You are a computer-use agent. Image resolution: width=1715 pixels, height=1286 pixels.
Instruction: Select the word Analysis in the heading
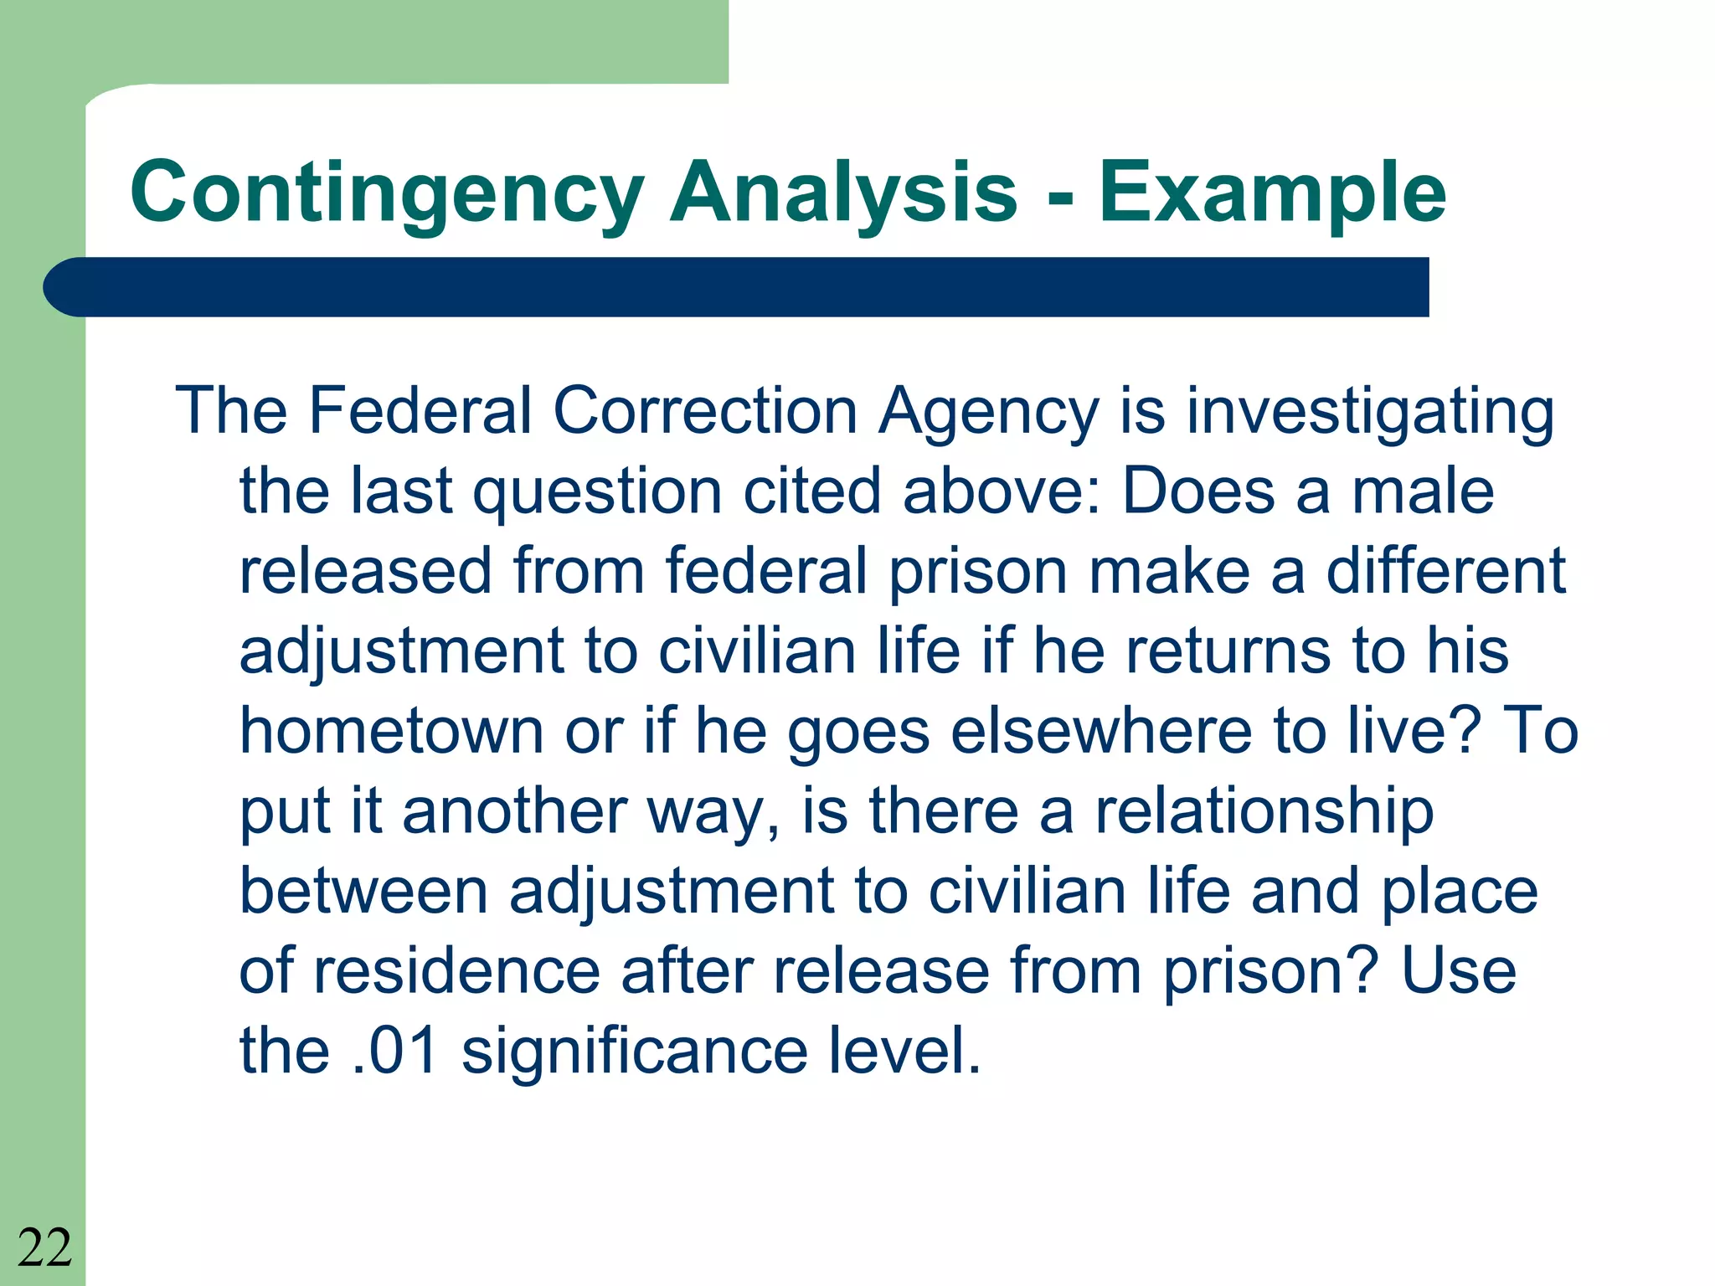pyautogui.click(x=843, y=194)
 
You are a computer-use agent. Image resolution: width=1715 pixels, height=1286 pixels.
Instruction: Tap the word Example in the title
pyautogui.click(x=1272, y=194)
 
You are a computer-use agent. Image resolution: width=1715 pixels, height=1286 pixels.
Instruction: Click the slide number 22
pyautogui.click(x=44, y=1247)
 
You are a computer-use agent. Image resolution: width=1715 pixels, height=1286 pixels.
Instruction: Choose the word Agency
pyautogui.click(x=988, y=413)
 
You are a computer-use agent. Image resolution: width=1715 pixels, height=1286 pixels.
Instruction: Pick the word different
pyautogui.click(x=1446, y=571)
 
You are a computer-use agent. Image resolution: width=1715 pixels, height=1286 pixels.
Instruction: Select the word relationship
pyautogui.click(x=1264, y=812)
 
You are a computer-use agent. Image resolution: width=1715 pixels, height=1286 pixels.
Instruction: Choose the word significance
pyautogui.click(x=635, y=1051)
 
